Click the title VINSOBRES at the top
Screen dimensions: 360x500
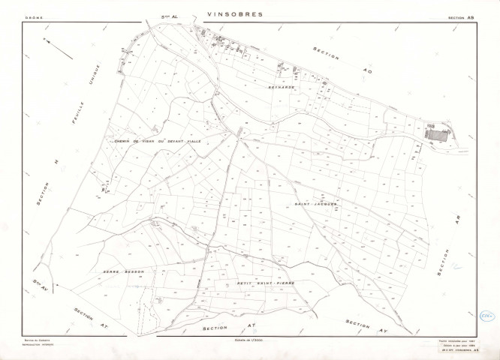[234, 13]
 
